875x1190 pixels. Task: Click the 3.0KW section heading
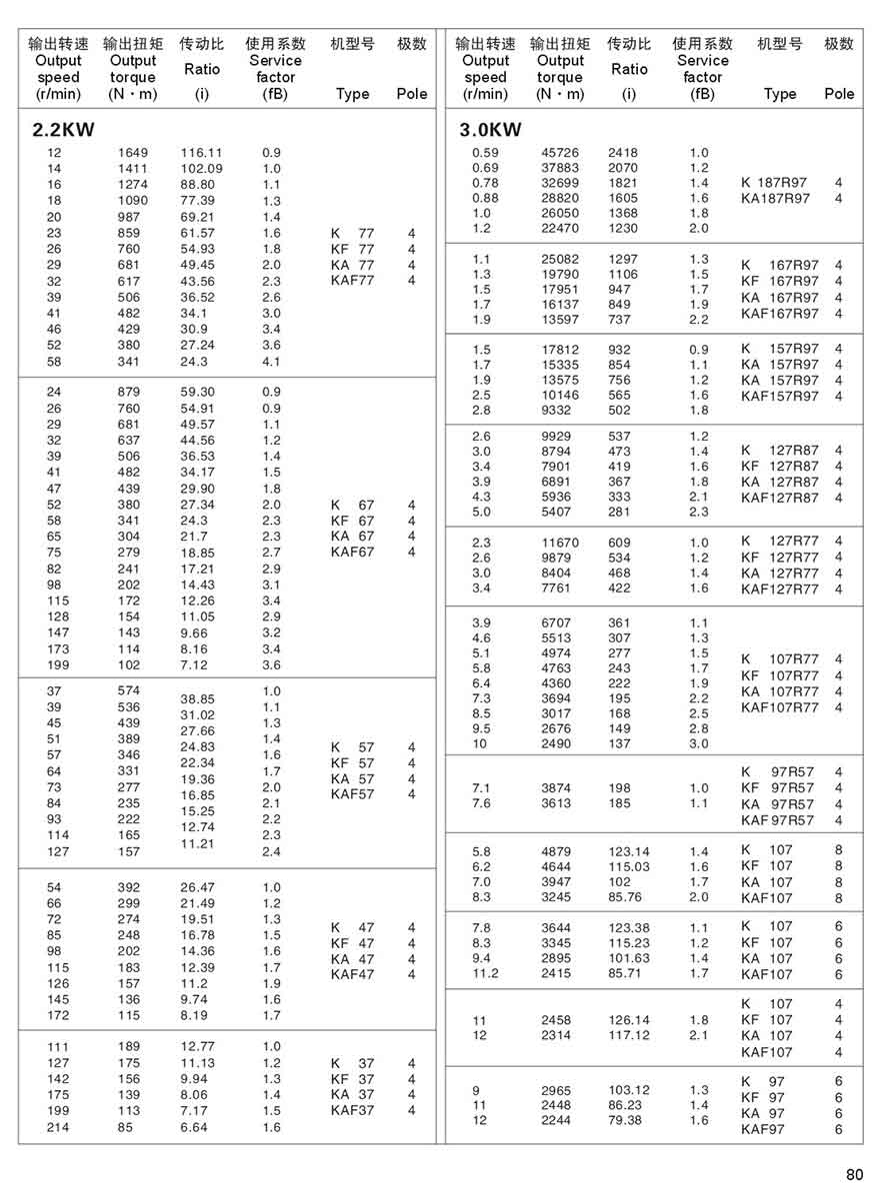[x=490, y=130]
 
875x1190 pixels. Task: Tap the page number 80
[x=853, y=1174]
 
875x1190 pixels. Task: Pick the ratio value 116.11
[x=201, y=153]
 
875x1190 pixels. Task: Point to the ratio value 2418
[x=622, y=153]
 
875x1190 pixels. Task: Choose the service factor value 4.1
[x=271, y=362]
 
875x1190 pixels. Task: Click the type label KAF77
[x=352, y=281]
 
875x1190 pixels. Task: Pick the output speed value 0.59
[x=484, y=153]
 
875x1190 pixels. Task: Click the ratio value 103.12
[x=628, y=1090]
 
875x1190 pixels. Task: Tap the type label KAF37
[x=352, y=1110]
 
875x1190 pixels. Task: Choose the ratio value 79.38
[x=625, y=1121]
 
